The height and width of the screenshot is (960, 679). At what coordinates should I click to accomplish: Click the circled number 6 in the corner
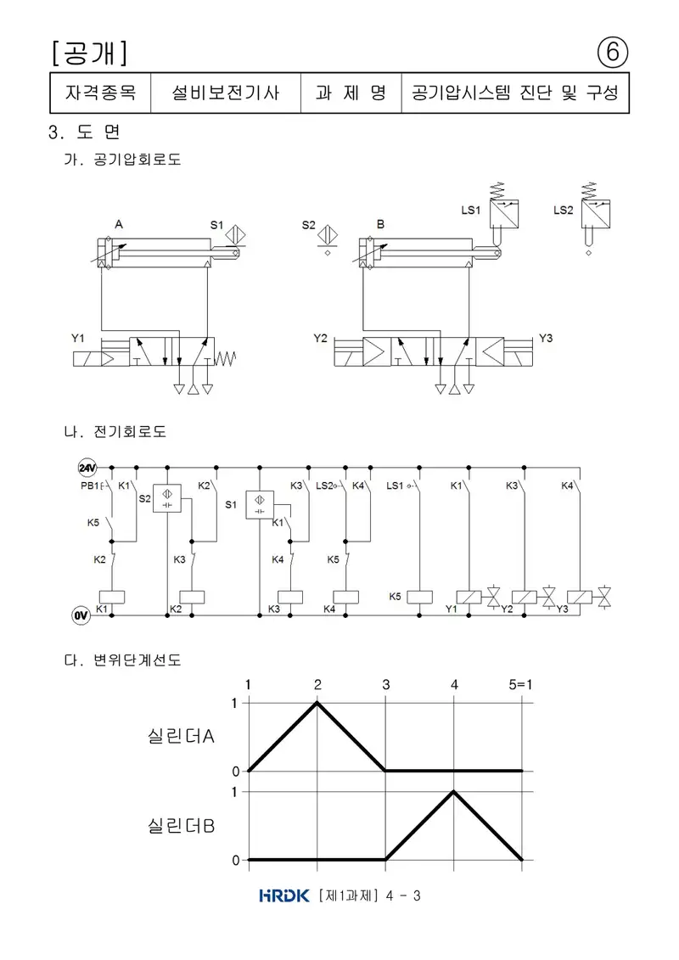click(x=612, y=53)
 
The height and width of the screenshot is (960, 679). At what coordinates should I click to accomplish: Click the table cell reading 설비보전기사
click(x=225, y=93)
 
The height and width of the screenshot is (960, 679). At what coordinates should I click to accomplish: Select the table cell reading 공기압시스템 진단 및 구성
click(x=515, y=93)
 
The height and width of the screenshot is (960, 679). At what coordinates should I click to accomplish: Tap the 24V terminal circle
click(x=87, y=468)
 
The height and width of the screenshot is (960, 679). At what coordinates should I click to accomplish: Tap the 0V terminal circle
click(x=81, y=615)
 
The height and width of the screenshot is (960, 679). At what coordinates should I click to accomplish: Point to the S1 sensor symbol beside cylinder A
click(x=236, y=235)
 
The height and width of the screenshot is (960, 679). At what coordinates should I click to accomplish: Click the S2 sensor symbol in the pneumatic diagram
click(x=328, y=235)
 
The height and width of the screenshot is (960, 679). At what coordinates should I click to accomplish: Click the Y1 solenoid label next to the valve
click(x=78, y=338)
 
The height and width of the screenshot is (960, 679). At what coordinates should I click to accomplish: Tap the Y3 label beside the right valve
click(x=546, y=338)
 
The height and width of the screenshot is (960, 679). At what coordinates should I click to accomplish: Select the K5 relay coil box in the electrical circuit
click(x=419, y=597)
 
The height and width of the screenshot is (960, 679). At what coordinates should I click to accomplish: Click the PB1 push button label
click(x=89, y=486)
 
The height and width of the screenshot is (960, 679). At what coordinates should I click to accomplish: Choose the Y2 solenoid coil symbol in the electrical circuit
click(x=524, y=597)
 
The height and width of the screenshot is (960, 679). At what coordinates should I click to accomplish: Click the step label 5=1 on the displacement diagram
click(x=520, y=684)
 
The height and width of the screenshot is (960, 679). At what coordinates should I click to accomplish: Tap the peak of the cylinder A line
click(x=317, y=703)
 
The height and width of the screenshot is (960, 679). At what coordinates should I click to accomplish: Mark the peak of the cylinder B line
click(x=454, y=792)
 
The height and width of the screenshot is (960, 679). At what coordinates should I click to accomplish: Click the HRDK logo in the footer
click(x=284, y=895)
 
